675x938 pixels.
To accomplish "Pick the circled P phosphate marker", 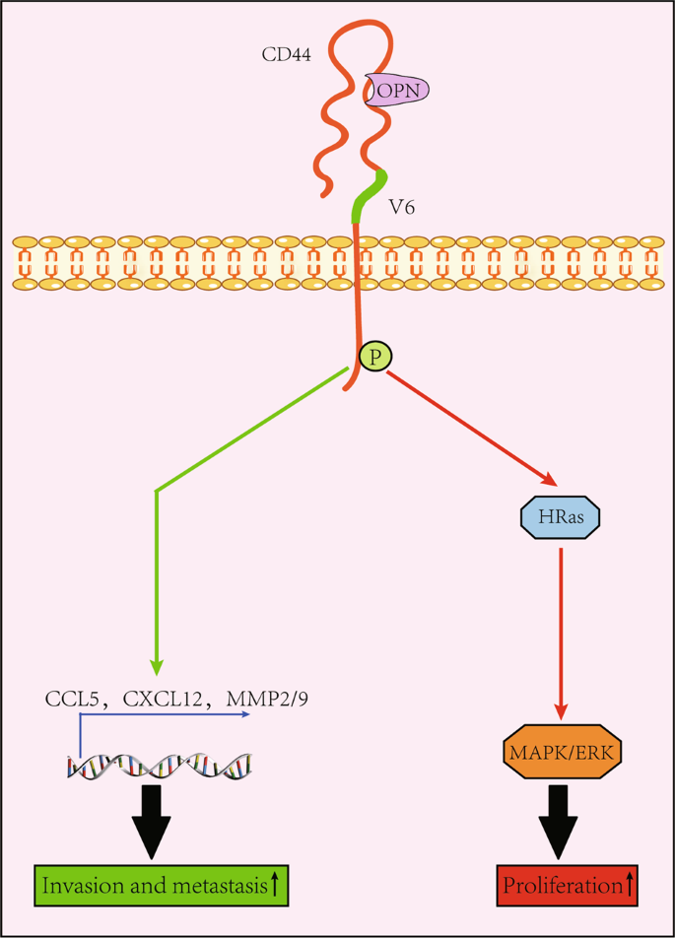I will point(373,357).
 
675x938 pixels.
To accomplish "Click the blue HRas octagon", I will point(560,515).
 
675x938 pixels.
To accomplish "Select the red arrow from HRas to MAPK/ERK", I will point(560,631).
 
